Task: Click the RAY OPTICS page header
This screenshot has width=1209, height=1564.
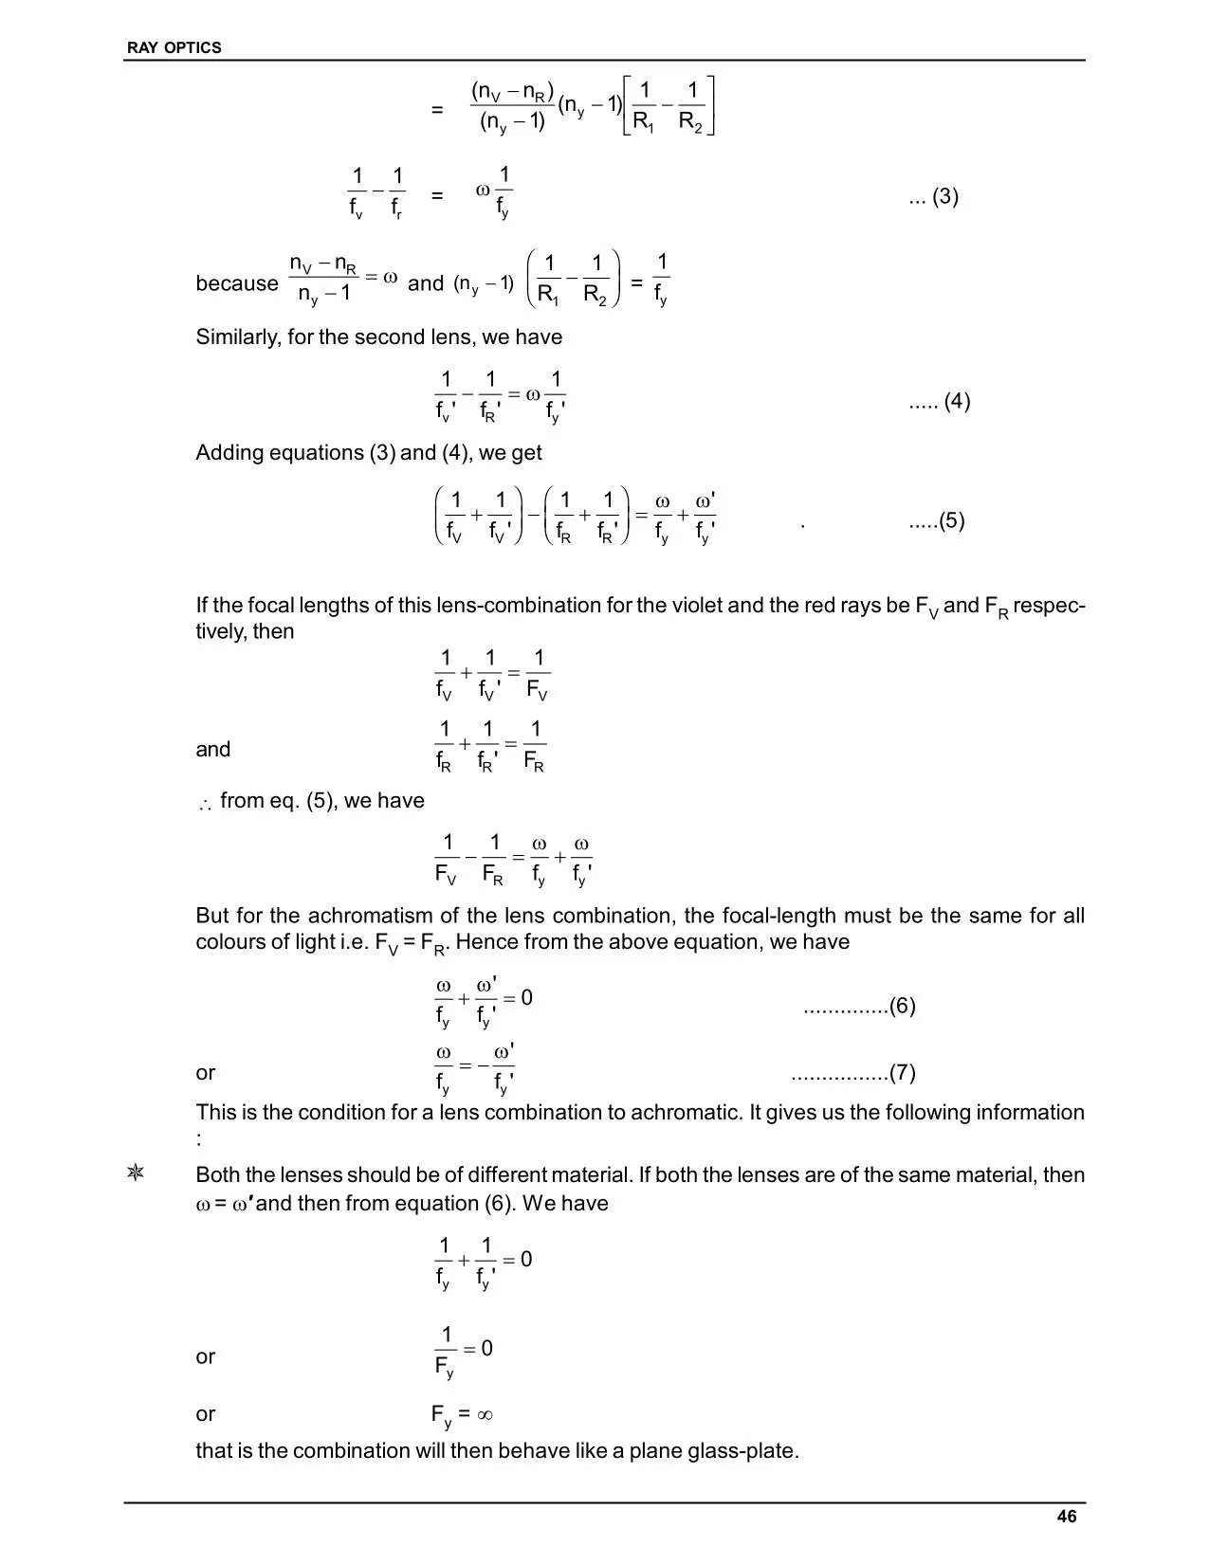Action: point(174,47)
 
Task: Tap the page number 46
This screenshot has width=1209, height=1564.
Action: point(1066,1517)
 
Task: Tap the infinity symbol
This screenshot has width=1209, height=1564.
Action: point(484,1415)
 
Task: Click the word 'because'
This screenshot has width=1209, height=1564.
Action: point(236,283)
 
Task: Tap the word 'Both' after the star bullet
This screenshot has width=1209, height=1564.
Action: point(219,1175)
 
